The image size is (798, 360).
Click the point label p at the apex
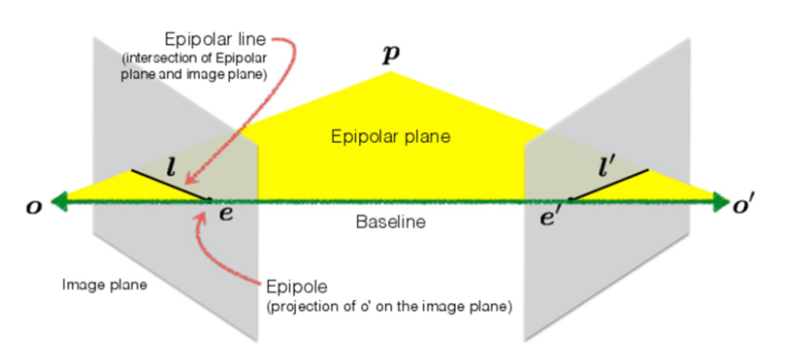point(391,54)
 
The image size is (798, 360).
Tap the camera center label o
point(34,207)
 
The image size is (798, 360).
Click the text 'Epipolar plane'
point(391,137)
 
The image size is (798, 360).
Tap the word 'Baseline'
point(391,222)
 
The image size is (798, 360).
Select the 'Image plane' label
point(105,285)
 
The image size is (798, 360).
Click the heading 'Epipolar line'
point(215,40)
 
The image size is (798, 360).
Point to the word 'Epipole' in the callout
point(296,287)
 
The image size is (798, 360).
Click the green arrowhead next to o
point(59,201)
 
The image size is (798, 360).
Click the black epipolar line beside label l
point(170,184)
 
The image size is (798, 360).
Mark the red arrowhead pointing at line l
point(192,179)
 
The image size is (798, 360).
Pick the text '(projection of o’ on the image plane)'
point(389,307)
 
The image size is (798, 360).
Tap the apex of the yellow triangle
point(391,73)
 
